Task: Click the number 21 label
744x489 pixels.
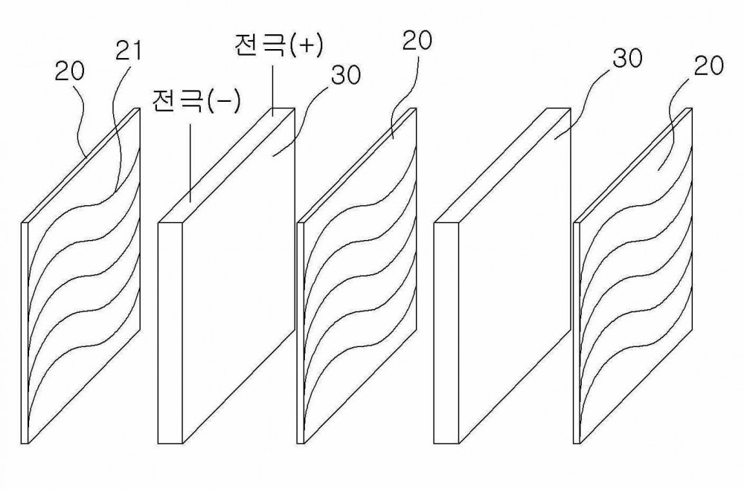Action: [129, 51]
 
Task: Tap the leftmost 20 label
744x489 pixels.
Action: [69, 71]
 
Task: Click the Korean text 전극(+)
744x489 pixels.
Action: [278, 45]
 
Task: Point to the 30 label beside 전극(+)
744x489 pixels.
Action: [346, 75]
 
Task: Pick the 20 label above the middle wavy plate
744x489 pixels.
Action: [417, 41]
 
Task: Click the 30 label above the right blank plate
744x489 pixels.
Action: [627, 59]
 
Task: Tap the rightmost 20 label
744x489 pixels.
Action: [709, 66]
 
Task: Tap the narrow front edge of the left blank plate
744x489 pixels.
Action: [170, 333]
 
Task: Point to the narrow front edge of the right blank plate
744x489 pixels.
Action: [446, 333]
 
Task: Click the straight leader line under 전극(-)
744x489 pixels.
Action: [191, 163]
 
